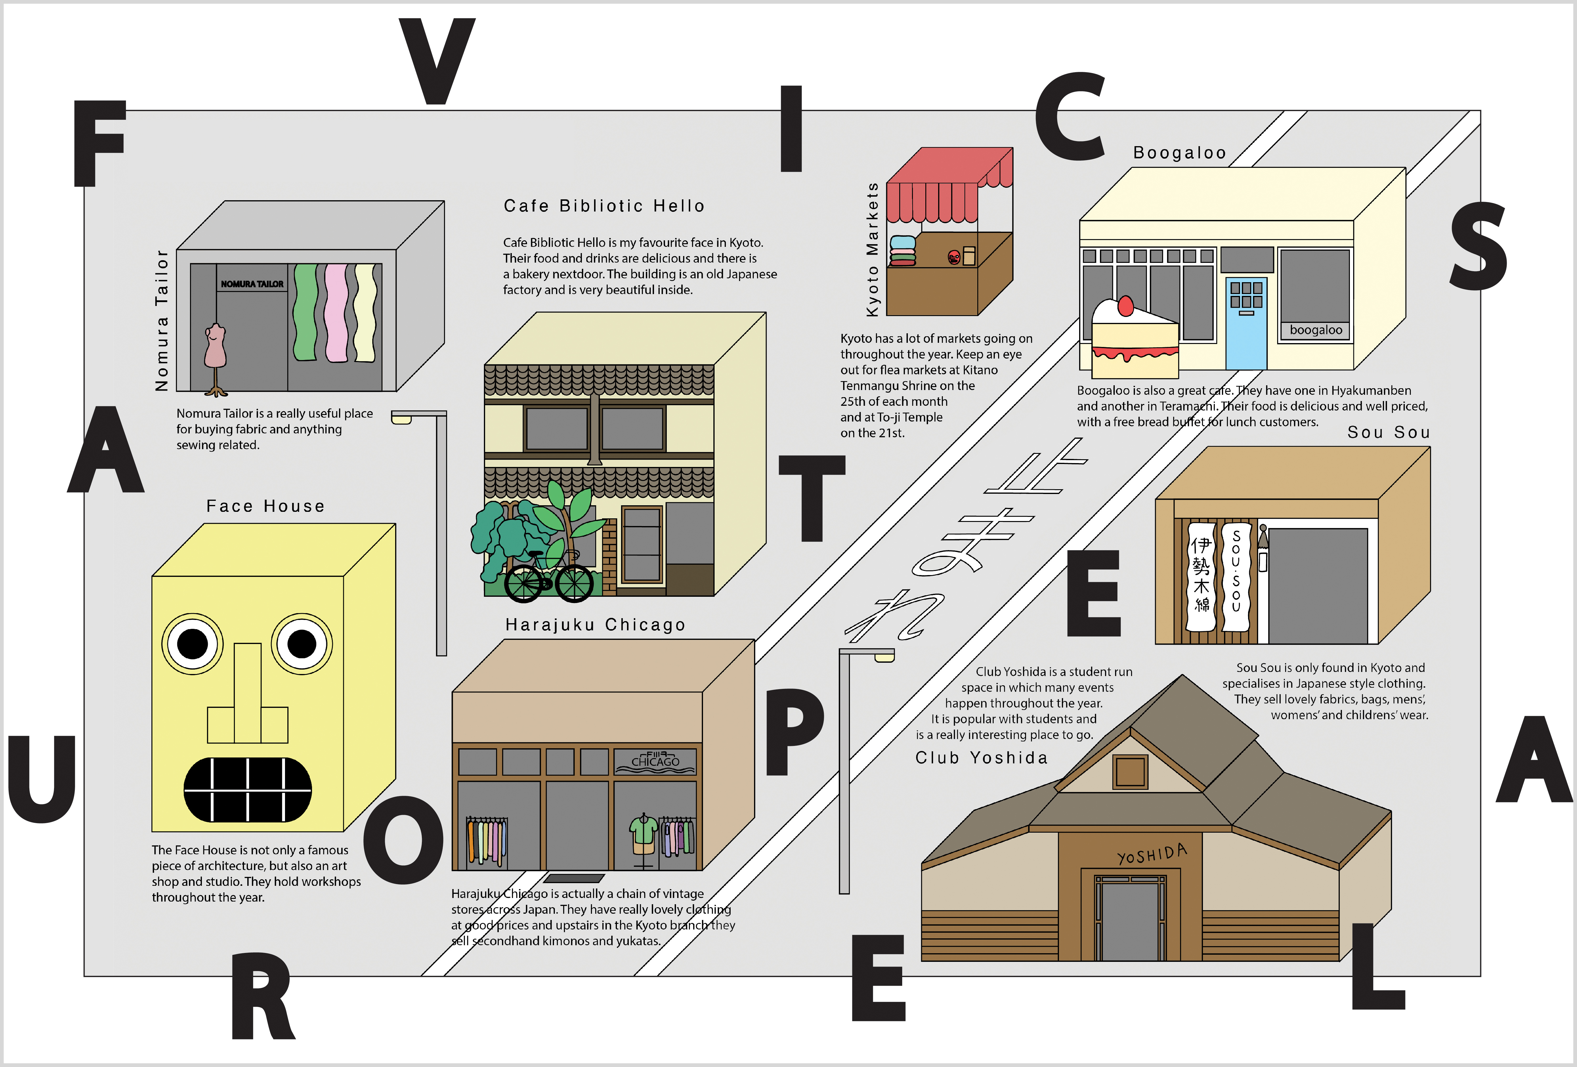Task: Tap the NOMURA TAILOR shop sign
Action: (x=252, y=284)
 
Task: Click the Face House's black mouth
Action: (x=248, y=789)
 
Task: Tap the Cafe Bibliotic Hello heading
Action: (x=604, y=206)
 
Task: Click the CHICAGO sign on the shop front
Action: (x=655, y=762)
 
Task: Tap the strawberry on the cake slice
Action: (x=1126, y=306)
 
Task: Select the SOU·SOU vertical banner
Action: (x=1236, y=576)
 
